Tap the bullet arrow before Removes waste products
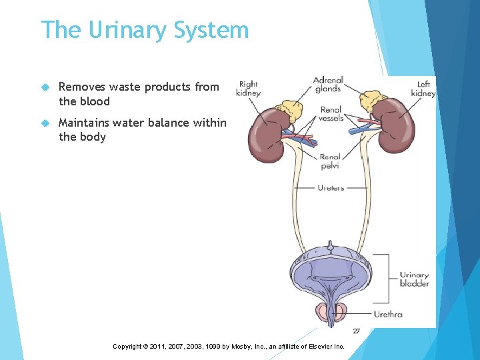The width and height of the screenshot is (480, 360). [45, 87]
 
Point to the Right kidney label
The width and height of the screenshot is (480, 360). [247, 89]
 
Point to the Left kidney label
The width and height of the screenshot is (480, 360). [423, 89]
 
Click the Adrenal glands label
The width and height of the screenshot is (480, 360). [327, 85]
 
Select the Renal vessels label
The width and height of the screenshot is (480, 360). [331, 113]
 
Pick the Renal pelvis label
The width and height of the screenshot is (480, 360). [331, 161]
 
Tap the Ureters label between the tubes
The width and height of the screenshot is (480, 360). [331, 188]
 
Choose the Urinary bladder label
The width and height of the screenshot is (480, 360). [414, 279]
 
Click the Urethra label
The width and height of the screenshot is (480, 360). [388, 314]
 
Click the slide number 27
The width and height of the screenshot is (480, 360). [356, 331]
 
